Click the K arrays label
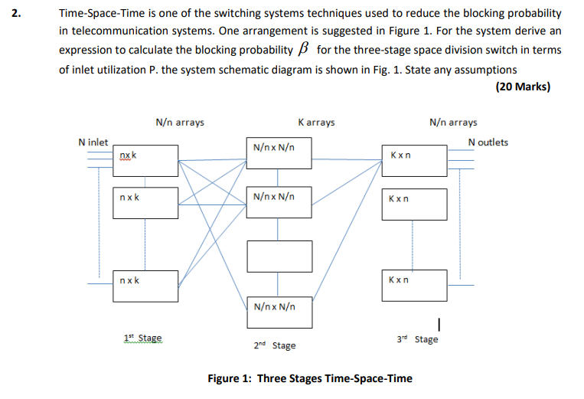click(x=315, y=123)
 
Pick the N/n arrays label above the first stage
click(x=180, y=123)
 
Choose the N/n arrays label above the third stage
click(x=453, y=123)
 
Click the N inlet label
click(x=93, y=142)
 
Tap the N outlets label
click(x=488, y=142)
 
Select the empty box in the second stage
click(x=279, y=255)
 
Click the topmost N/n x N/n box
click(x=279, y=152)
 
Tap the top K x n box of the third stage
click(x=413, y=159)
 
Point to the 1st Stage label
click(x=142, y=337)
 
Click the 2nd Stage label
click(x=274, y=345)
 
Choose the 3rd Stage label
click(x=417, y=338)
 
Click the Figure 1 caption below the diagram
click(x=310, y=378)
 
